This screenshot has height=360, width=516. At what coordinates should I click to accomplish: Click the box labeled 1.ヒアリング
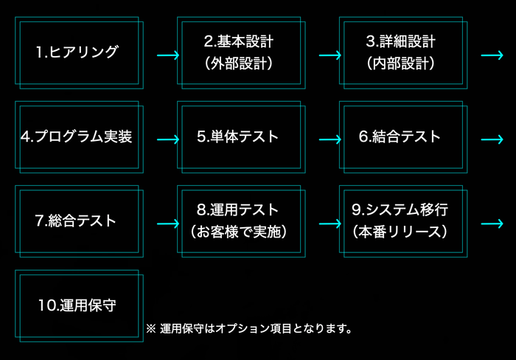click(78, 52)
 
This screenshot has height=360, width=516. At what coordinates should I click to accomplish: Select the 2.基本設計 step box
click(240, 52)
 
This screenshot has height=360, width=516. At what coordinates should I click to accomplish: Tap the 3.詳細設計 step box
click(402, 52)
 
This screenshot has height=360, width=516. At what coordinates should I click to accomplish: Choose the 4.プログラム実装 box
click(78, 137)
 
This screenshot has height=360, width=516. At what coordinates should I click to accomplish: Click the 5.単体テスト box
click(240, 137)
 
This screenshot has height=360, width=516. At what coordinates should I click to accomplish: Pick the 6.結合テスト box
click(402, 137)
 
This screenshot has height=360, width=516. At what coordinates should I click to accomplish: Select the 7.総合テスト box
click(78, 221)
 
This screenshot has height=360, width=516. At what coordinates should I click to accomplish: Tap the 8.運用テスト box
click(240, 221)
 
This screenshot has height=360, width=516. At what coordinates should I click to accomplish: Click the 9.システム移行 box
click(402, 221)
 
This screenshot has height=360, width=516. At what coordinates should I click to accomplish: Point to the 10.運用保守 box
click(78, 305)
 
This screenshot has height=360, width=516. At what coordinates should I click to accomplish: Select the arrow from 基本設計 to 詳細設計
click(330, 55)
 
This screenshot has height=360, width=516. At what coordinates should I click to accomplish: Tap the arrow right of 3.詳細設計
click(492, 55)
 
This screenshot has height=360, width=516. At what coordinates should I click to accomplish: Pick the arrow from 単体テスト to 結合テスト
click(330, 139)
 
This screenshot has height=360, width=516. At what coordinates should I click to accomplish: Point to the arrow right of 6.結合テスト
click(492, 139)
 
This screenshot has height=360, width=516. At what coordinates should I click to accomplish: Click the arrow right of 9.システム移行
click(492, 223)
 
